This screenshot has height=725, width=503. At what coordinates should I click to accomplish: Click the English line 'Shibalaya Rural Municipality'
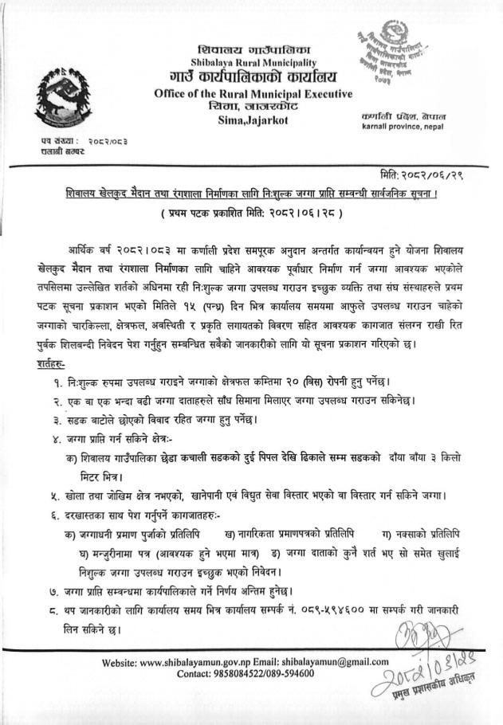(253, 62)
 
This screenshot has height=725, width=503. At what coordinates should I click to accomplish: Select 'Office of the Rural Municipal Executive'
(253, 94)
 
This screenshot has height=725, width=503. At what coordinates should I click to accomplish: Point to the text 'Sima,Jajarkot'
(253, 120)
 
